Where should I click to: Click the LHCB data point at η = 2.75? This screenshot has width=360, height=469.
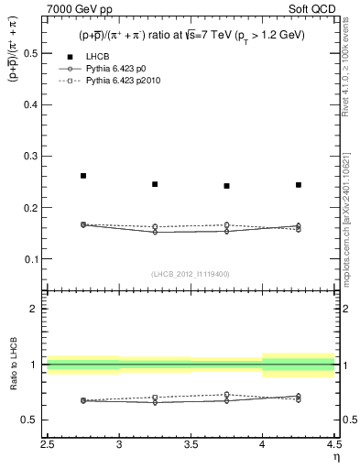click(x=83, y=175)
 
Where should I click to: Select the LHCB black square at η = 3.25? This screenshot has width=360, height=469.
click(x=155, y=184)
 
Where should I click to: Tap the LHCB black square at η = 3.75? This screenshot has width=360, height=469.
click(x=226, y=186)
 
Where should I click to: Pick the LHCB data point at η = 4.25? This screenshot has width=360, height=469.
click(x=299, y=185)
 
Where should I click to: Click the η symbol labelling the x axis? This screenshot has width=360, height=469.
click(x=335, y=457)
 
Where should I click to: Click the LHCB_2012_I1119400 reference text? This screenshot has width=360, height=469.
click(x=191, y=274)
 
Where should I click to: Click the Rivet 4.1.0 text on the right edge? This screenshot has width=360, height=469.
click(x=345, y=82)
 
